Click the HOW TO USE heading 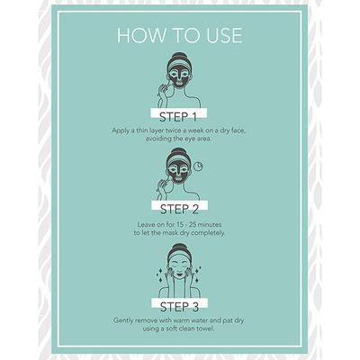pyautogui.click(x=179, y=35)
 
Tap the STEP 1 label pyautogui.click(x=178, y=117)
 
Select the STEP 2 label pyautogui.click(x=179, y=210)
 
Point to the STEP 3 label pyautogui.click(x=179, y=307)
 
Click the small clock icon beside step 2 pyautogui.click(x=198, y=166)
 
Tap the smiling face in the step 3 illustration pyautogui.click(x=179, y=268)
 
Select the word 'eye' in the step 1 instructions pyautogui.click(x=187, y=139)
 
